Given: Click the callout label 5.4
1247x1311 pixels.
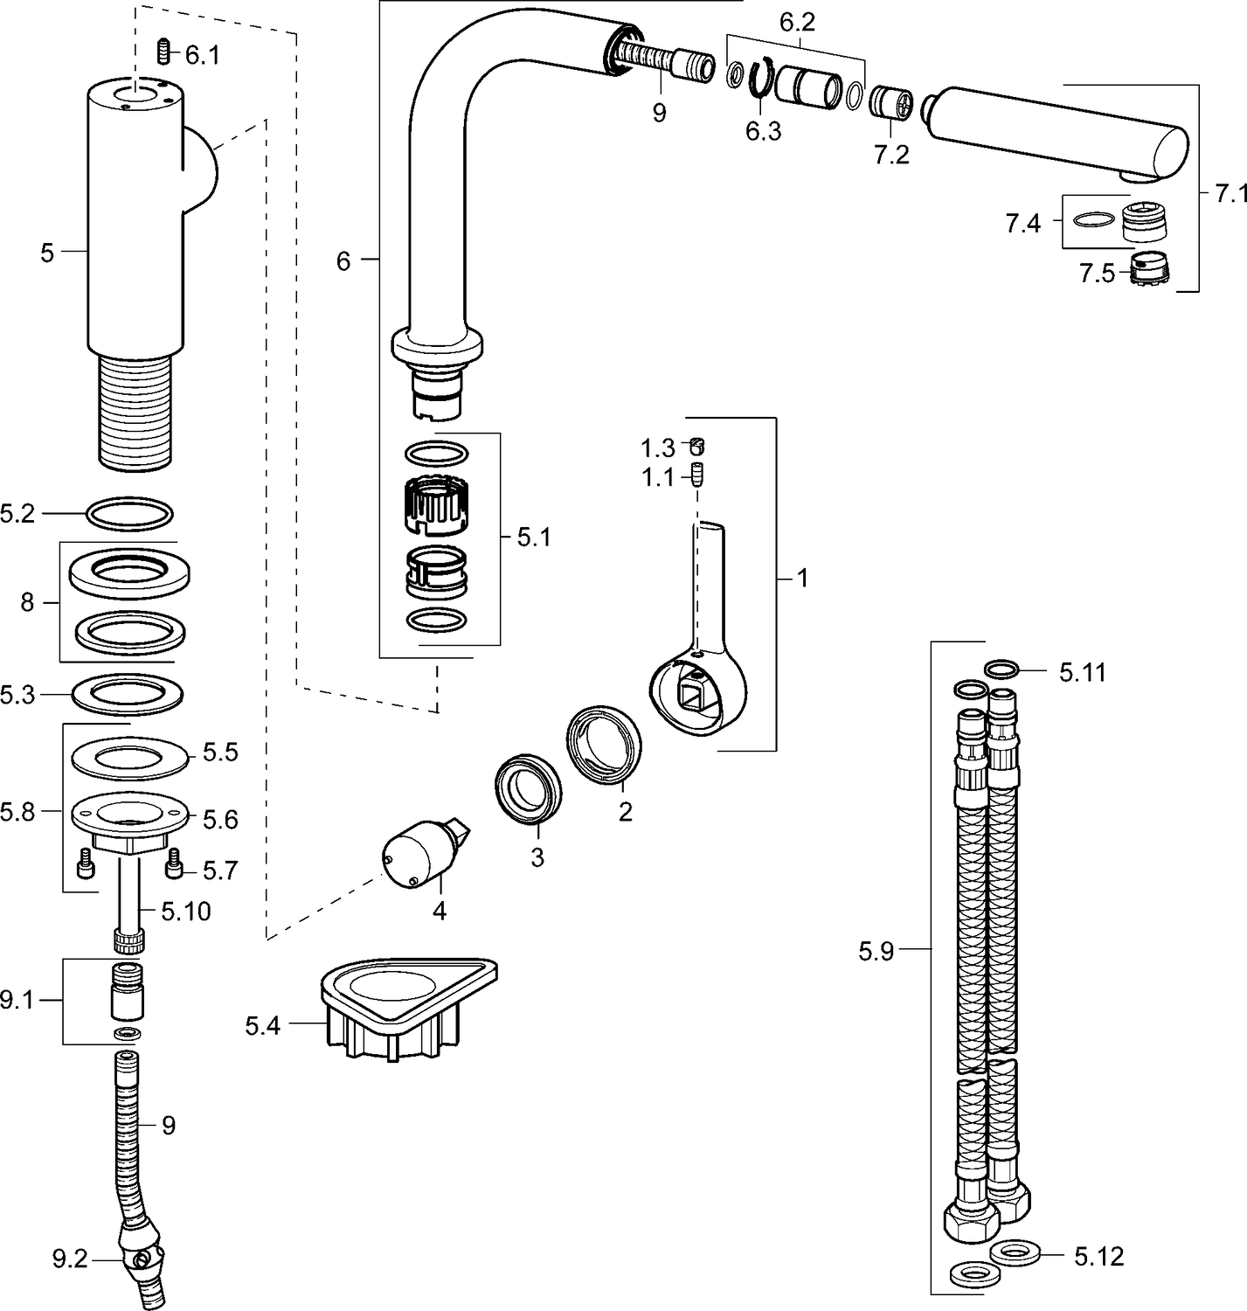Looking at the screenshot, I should pos(262,1025).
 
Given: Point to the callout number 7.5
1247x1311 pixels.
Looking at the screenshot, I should pos(1097,274).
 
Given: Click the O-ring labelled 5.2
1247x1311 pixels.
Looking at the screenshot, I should pos(129,513).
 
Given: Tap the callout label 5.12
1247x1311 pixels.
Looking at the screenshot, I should pos(1098,1257).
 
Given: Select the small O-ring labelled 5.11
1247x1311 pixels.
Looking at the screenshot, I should pos(1001,670).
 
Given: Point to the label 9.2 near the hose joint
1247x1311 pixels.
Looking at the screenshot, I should pos(70,1260).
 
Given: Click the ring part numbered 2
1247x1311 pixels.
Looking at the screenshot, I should pos(605,746).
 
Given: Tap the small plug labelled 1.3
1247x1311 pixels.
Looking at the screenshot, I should pos(696,447).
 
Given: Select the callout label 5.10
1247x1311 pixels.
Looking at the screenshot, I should pos(185,912).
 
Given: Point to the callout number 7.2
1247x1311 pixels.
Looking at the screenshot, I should pos(890,155).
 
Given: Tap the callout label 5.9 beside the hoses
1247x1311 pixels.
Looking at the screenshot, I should pos(876,951).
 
